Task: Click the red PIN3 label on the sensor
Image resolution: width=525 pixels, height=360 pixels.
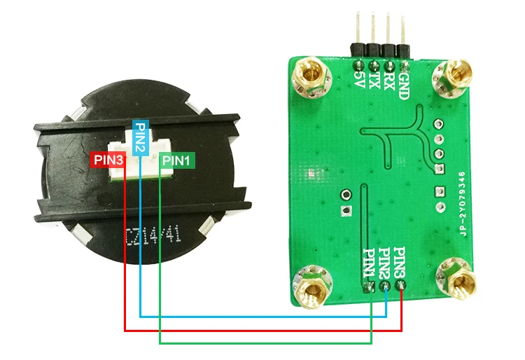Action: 108,160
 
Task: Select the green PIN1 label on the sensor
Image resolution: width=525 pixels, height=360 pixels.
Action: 177,160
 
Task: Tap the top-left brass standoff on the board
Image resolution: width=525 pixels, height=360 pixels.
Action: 309,74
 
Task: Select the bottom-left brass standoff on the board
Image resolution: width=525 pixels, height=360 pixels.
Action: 308,283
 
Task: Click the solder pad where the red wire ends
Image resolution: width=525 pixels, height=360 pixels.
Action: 402,286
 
